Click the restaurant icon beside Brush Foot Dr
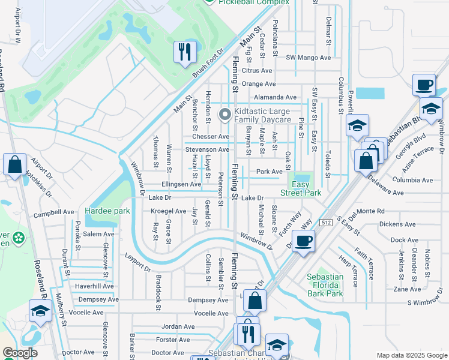tap(185, 52)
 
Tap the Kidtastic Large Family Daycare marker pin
tap(225, 114)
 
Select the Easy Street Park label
tap(301, 188)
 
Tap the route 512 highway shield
tap(325, 222)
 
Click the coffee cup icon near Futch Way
tap(304, 241)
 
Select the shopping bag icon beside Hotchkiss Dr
tap(14, 164)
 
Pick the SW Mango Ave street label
tap(309, 58)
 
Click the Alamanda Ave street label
tap(275, 97)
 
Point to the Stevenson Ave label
tap(207, 149)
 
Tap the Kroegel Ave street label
tap(168, 211)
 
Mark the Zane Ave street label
tap(399, 289)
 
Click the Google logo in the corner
tap(20, 353)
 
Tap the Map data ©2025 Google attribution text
tap(411, 355)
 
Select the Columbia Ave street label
tap(412, 180)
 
